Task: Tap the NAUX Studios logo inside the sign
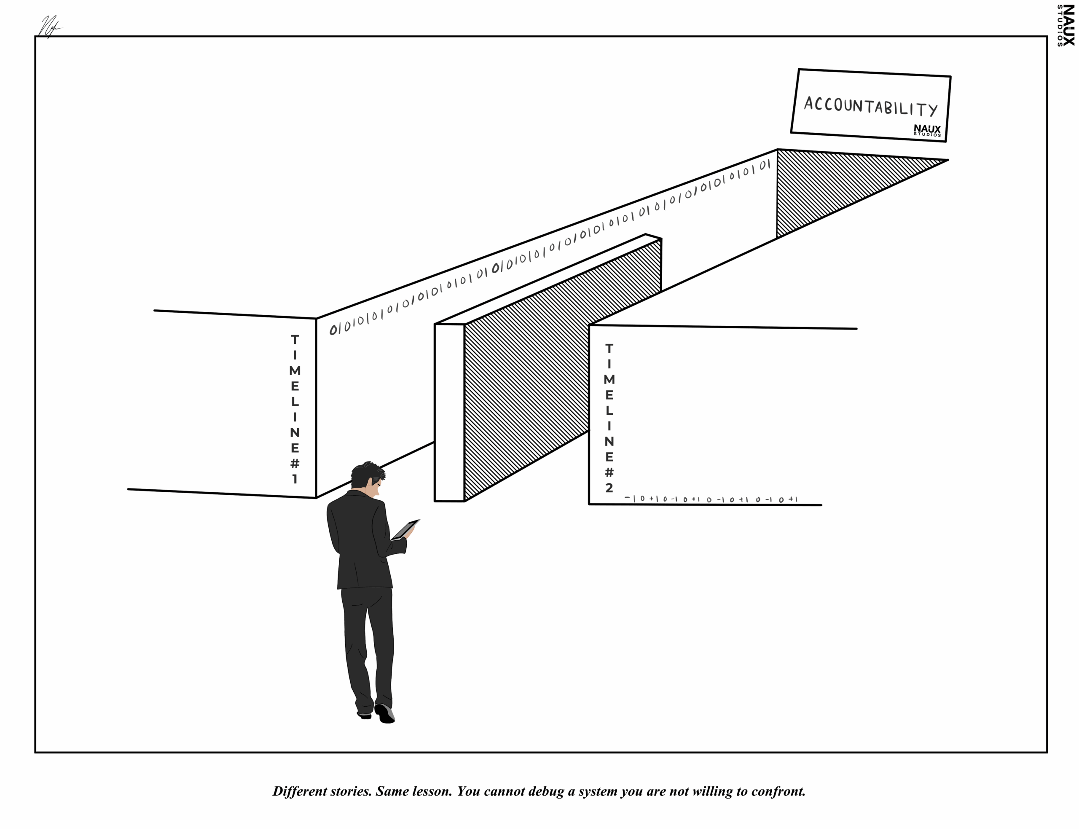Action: (x=926, y=130)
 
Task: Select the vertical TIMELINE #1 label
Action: (x=295, y=408)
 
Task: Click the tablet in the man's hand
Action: (x=405, y=529)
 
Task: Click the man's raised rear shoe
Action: (x=385, y=714)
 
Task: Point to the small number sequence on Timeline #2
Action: (x=711, y=499)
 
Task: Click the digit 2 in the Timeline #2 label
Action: (x=609, y=488)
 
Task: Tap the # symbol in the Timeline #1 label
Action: (x=295, y=463)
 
